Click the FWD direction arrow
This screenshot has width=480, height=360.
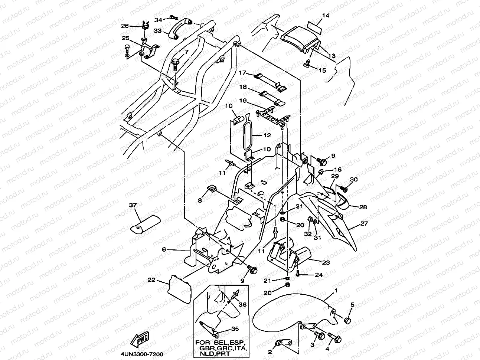point(140,340)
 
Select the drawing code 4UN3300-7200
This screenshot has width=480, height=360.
point(142,354)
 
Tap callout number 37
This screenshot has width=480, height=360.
point(133,205)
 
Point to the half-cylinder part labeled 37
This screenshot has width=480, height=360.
point(146,225)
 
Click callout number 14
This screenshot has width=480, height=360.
point(326,16)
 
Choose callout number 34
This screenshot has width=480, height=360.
point(158,20)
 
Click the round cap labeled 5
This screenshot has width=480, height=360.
point(347,321)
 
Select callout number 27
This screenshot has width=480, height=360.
point(364,223)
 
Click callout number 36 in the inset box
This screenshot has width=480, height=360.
point(242,304)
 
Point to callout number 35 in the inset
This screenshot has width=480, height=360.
point(235,329)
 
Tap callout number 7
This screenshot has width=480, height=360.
point(186,52)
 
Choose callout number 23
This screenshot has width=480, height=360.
point(326,262)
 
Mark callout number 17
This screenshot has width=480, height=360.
point(242,72)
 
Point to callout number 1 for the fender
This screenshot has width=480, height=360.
point(336,291)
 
